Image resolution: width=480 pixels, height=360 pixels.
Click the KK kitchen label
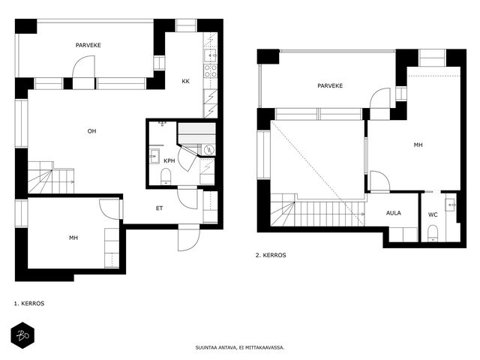[x=185, y=81]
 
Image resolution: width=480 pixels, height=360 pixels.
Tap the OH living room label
[x=91, y=131]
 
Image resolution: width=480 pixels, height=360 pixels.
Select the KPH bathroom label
[x=169, y=160]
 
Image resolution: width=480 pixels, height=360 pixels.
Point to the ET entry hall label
[x=160, y=208]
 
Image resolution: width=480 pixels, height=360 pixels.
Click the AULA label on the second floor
[x=393, y=213]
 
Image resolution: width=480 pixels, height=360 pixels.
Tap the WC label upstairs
[x=433, y=215]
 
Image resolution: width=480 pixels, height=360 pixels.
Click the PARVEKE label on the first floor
[x=88, y=45]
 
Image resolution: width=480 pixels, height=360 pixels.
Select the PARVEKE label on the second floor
[x=330, y=85]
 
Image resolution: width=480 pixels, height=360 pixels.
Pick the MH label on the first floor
[x=73, y=238]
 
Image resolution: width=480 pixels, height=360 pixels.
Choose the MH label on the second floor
[x=418, y=145]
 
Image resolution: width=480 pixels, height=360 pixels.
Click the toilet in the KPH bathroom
[x=166, y=177]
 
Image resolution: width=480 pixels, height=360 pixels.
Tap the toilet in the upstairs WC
[x=433, y=233]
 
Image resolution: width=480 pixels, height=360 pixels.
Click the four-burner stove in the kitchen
[x=211, y=70]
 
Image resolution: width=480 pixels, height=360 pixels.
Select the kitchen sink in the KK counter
[x=211, y=55]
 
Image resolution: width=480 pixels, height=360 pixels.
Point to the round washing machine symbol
[x=210, y=149]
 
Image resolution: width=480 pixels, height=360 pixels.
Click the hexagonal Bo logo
[x=22, y=335]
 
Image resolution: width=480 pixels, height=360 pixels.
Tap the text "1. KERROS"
[x=29, y=303]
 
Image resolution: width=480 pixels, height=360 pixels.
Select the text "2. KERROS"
[x=271, y=255]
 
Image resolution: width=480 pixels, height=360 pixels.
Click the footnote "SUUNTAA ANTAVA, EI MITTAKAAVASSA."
[x=240, y=348]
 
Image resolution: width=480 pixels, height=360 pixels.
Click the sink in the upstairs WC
[x=450, y=204]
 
